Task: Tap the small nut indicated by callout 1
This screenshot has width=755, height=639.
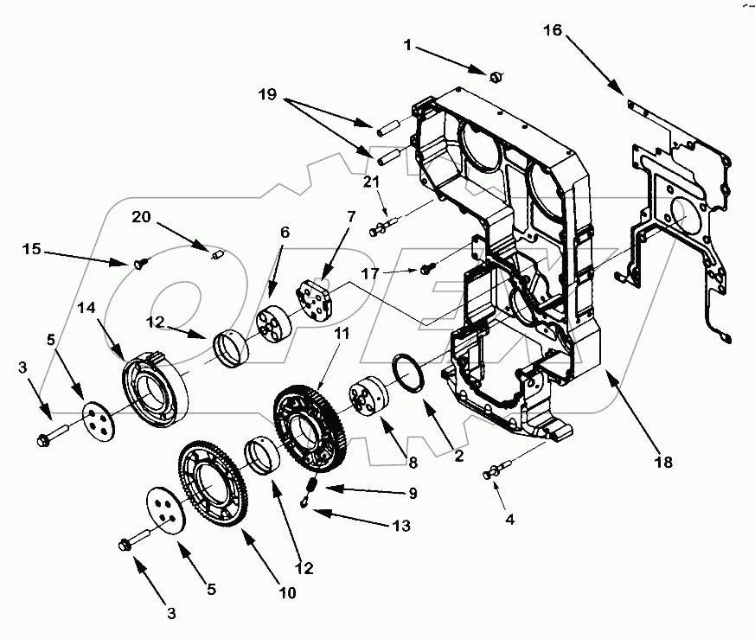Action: point(496,78)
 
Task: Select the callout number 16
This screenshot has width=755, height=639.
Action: point(552,31)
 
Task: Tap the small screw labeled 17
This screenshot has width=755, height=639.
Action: point(426,271)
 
